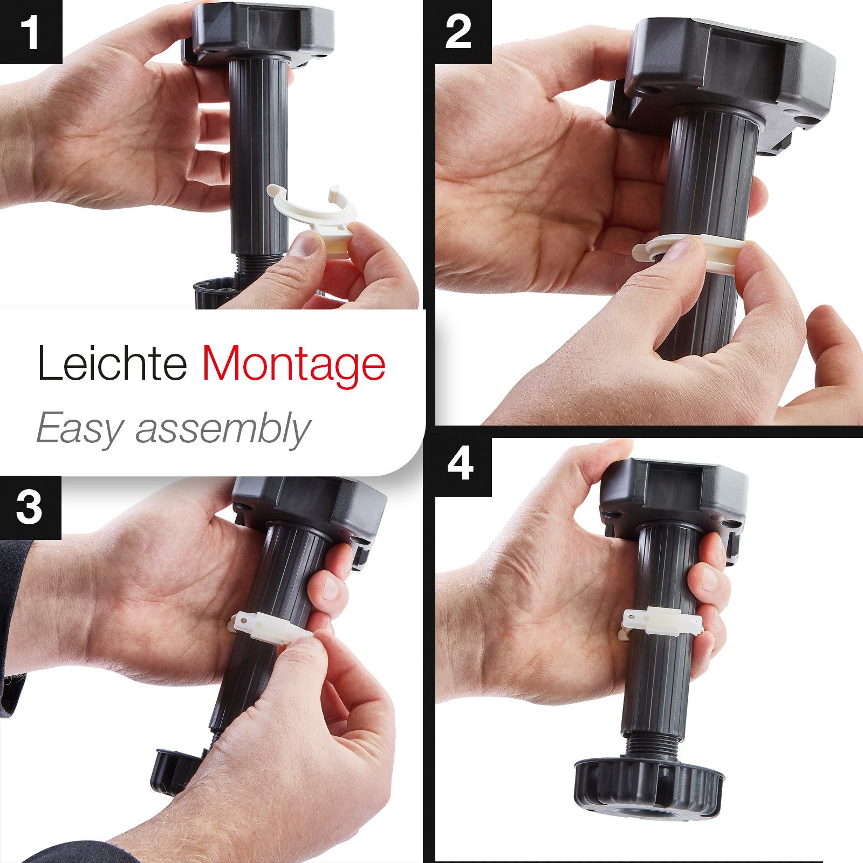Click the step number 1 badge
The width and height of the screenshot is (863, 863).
pyautogui.click(x=31, y=32)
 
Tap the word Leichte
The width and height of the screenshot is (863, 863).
pyautogui.click(x=112, y=362)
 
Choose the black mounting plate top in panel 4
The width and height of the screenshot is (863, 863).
pyautogui.click(x=674, y=496)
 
